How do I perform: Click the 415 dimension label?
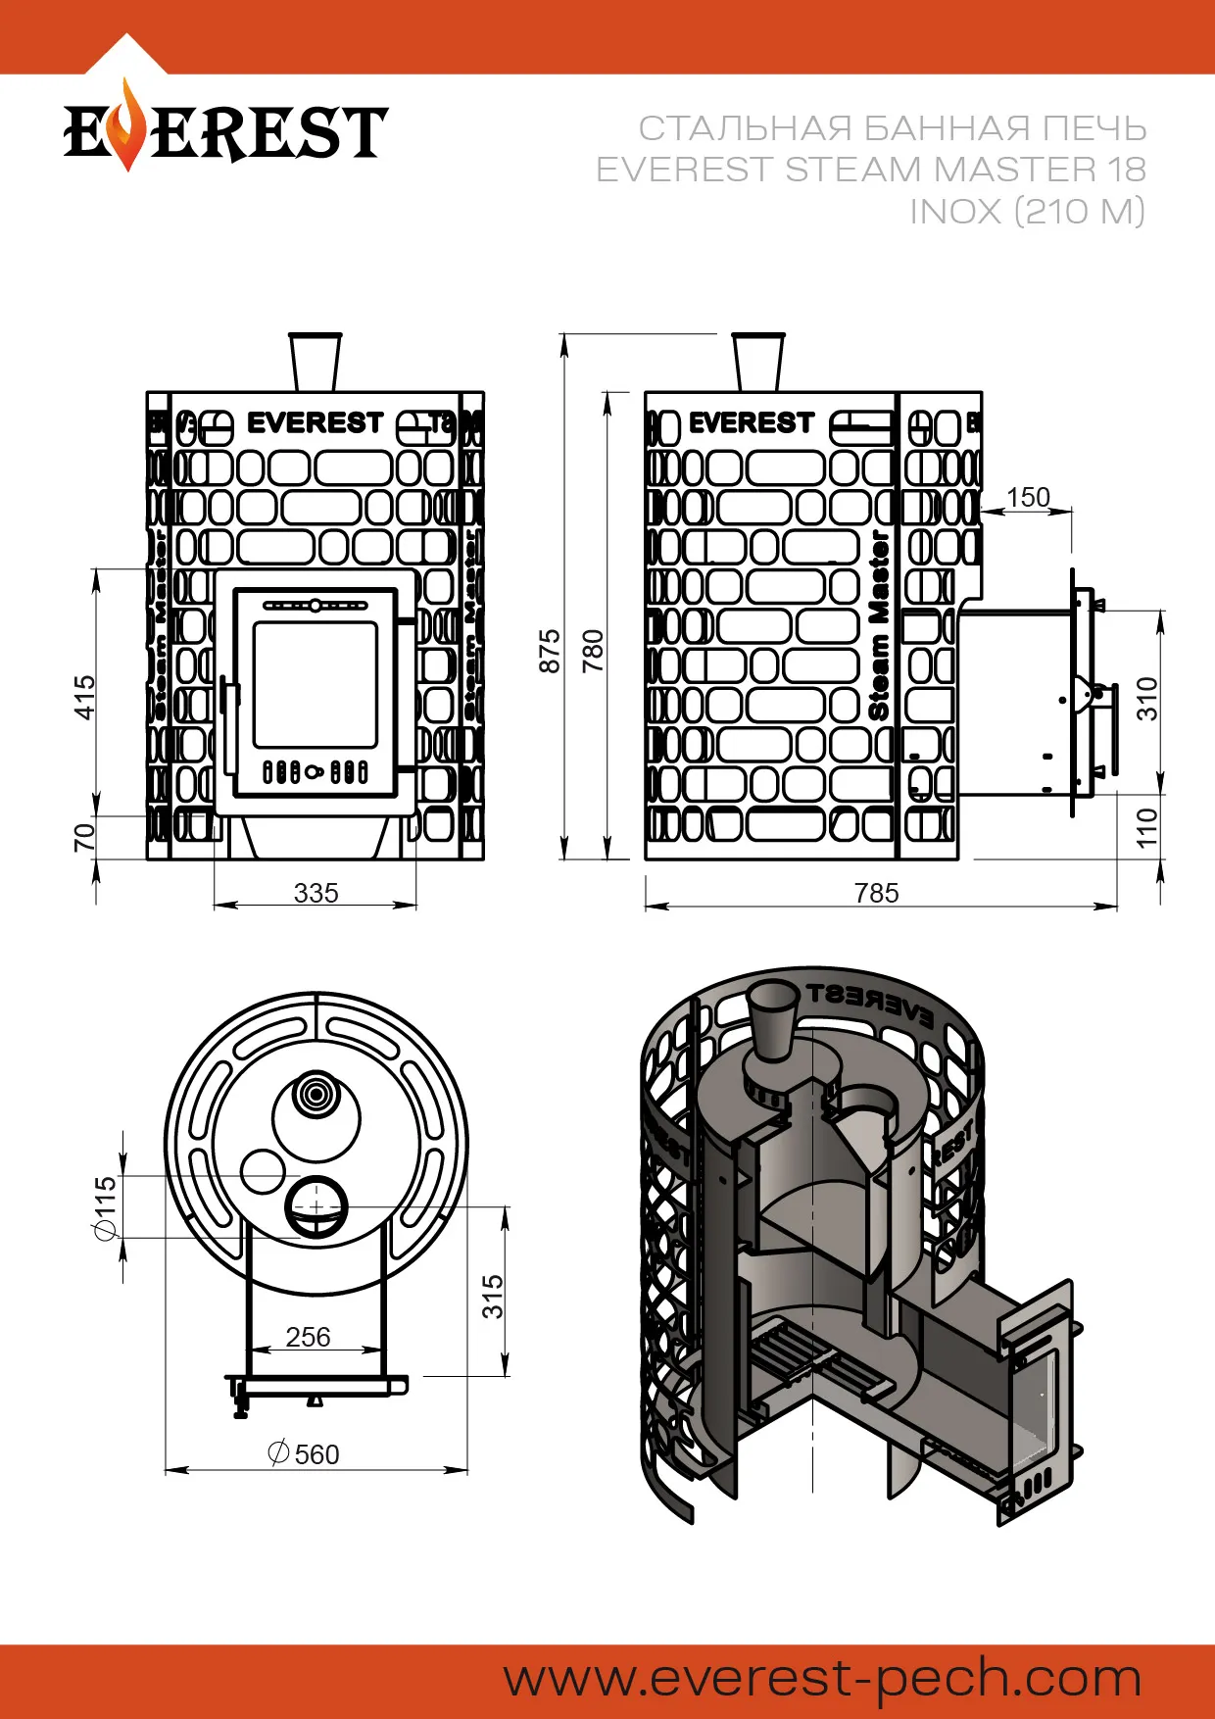[x=86, y=697]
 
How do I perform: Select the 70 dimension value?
[x=86, y=837]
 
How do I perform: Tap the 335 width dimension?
[x=316, y=893]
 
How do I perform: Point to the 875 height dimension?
[x=550, y=651]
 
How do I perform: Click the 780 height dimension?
[x=594, y=651]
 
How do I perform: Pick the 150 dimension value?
[x=1028, y=498]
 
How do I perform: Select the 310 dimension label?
[x=1147, y=698]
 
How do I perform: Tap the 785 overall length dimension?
[x=876, y=893]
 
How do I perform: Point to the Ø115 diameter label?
[x=105, y=1207]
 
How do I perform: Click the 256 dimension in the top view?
[x=308, y=1337]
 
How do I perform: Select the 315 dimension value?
[x=493, y=1296]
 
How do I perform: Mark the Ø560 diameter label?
[x=305, y=1454]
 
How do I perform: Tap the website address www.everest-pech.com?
[x=822, y=1679]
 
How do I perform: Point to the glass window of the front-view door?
[x=316, y=684]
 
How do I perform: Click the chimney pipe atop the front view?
[x=316, y=363]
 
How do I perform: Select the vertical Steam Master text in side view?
[x=879, y=627]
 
